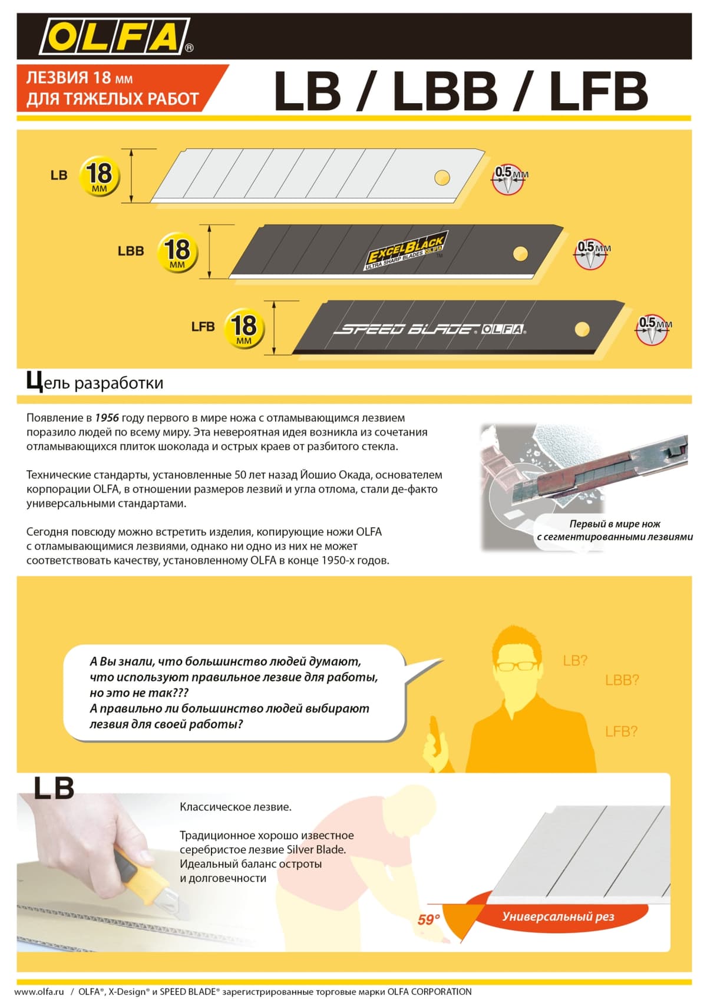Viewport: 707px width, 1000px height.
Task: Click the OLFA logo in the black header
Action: [115, 37]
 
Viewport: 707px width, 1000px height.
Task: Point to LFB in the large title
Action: [598, 91]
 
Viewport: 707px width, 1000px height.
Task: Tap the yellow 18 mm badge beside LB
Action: [99, 176]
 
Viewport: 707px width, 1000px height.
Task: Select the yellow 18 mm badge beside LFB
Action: [244, 327]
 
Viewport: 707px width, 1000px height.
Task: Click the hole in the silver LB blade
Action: [442, 177]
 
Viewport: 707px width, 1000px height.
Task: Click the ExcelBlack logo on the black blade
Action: [406, 250]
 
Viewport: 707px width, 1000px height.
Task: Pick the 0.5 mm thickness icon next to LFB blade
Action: [653, 329]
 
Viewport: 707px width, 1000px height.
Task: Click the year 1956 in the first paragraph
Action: [107, 418]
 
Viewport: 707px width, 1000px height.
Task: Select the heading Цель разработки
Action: [95, 382]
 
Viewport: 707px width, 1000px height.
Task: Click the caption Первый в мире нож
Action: [615, 524]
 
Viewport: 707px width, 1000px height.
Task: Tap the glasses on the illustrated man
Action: [517, 666]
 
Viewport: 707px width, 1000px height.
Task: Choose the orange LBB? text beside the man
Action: [622, 680]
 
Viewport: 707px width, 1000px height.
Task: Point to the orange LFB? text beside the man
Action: [621, 731]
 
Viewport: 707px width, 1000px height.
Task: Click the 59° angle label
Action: [428, 919]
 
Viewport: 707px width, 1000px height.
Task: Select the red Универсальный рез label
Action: [557, 916]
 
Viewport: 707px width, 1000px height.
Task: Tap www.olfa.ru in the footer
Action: [39, 992]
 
